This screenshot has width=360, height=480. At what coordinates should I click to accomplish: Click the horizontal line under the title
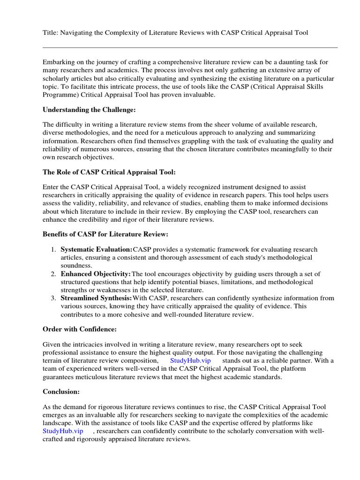(x=190, y=47)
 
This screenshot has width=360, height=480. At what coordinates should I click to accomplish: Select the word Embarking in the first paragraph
(x=59, y=62)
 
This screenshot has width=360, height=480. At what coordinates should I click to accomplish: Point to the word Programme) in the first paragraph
(x=60, y=94)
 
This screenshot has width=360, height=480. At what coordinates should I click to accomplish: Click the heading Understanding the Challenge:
(x=89, y=110)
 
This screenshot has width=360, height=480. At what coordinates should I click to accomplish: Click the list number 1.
(x=53, y=249)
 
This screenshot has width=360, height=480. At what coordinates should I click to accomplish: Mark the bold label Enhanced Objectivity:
(x=96, y=273)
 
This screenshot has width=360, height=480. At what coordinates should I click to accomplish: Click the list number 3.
(x=53, y=298)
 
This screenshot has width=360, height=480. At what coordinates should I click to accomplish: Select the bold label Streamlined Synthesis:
(x=96, y=298)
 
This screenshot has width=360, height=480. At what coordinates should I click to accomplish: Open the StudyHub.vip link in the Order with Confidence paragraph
(x=190, y=360)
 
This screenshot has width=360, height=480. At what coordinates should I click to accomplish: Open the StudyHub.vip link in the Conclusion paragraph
(x=63, y=431)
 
